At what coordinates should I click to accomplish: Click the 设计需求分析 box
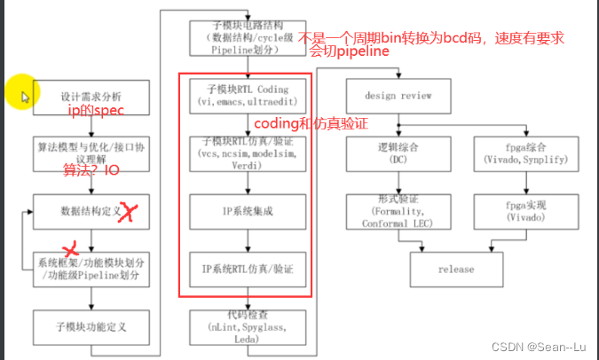point(91,95)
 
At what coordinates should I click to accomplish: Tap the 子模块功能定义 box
point(91,325)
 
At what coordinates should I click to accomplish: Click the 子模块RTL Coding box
point(246,96)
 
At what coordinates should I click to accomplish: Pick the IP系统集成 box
point(246,211)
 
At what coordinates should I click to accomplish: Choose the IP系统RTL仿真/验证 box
point(246,268)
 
